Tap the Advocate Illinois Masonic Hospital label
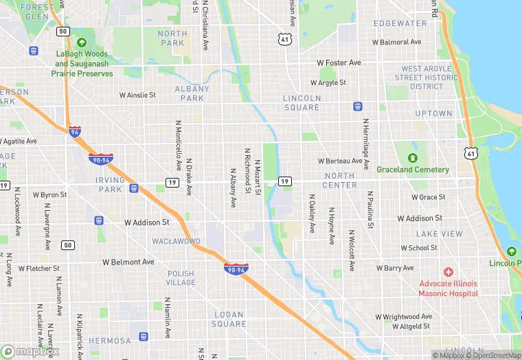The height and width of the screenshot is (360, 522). point(449,288)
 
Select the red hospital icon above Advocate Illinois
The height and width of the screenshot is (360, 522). point(449,273)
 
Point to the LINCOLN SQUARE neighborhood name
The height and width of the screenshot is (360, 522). point(302,102)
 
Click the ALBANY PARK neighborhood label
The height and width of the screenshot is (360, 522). point(192,93)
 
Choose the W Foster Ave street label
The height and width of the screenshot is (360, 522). point(339,63)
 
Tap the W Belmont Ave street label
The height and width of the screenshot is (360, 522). point(128,262)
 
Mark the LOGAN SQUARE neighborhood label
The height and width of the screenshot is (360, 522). point(229,319)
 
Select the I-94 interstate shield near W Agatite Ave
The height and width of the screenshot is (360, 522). point(74,131)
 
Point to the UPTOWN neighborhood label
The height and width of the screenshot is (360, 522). point(433,113)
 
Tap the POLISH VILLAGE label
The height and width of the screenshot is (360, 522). point(181,278)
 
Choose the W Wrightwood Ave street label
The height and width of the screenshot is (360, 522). point(407,317)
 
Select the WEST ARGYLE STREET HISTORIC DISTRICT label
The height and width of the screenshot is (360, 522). point(429,78)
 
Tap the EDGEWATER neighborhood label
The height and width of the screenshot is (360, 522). point(400,23)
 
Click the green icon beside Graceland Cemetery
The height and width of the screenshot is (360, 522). point(413,157)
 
